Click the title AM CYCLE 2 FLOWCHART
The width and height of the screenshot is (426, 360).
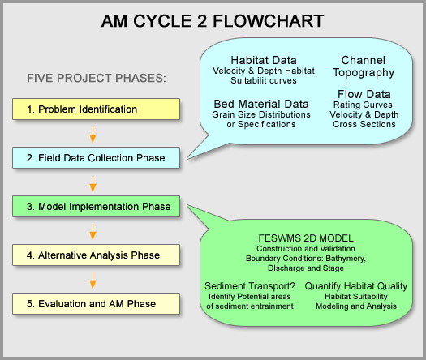pyautogui.click(x=213, y=21)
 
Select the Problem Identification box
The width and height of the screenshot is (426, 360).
pyautogui.click(x=97, y=109)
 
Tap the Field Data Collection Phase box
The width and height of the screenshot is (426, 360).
pyautogui.click(x=97, y=158)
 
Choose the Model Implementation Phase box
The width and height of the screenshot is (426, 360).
pyautogui.click(x=97, y=206)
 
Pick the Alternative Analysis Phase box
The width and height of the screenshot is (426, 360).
pyautogui.click(x=97, y=255)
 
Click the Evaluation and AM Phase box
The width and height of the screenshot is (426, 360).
pyautogui.click(x=97, y=303)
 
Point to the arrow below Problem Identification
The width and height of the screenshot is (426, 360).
pyautogui.click(x=93, y=135)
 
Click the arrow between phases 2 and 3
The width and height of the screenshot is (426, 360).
pyautogui.click(x=93, y=184)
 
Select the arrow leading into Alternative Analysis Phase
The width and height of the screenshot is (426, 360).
pyautogui.click(x=93, y=232)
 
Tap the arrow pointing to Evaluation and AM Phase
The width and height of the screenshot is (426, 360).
pyautogui.click(x=93, y=281)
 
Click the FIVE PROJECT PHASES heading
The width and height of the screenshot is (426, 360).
pyautogui.click(x=97, y=78)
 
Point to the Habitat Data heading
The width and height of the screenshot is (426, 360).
pyautogui.click(x=264, y=60)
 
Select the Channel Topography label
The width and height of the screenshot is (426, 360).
pyautogui.click(x=364, y=66)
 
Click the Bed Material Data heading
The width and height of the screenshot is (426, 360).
pyautogui.click(x=261, y=104)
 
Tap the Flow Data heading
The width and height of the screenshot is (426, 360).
pyautogui.click(x=364, y=94)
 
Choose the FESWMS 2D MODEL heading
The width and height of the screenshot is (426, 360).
pyautogui.click(x=306, y=238)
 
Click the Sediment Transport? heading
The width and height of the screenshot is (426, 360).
pyautogui.click(x=250, y=286)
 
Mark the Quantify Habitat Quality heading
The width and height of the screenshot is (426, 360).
pyautogui.click(x=356, y=286)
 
